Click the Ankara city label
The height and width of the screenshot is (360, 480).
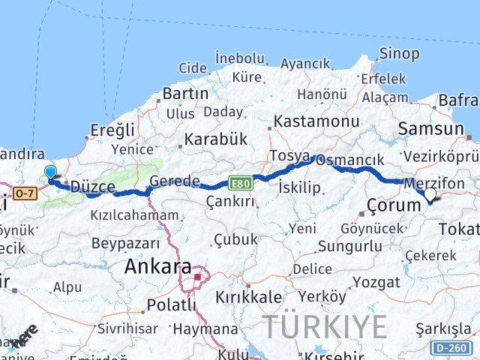coord(157,266)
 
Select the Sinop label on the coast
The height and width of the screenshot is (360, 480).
coord(399,53)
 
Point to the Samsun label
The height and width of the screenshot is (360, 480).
coord(430,129)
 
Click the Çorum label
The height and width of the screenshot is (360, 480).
coord(394,205)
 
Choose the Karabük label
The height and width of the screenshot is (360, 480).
coord(215,139)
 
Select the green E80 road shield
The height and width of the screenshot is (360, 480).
coord(240,183)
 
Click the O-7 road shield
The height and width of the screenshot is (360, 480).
coord(25,193)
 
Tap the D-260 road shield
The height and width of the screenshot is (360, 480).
coord(451,347)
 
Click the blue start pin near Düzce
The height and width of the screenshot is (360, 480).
coord(50,173)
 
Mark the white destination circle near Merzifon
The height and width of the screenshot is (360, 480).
coord(430,195)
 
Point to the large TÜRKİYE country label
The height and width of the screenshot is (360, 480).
coord(325,327)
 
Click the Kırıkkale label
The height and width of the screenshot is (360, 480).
coord(248,296)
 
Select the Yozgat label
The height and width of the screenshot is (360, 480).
coord(376,283)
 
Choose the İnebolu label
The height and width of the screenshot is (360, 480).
coord(239,58)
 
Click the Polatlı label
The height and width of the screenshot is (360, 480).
coord(171,304)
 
